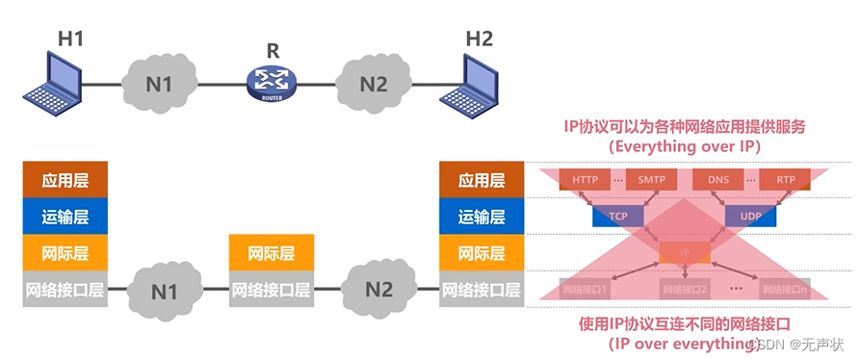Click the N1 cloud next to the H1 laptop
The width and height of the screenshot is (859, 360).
pyautogui.click(x=159, y=84)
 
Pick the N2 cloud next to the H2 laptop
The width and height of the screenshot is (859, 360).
pyautogui.click(x=373, y=84)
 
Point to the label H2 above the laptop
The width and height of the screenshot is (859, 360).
pyautogui.click(x=479, y=39)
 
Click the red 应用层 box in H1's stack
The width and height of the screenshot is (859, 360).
pyautogui.click(x=65, y=180)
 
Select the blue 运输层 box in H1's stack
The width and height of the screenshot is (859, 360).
pyautogui.click(x=65, y=217)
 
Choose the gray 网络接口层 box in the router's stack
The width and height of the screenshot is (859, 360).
pyautogui.click(x=271, y=289)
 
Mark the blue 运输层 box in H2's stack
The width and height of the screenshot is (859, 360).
pyautogui.click(x=482, y=217)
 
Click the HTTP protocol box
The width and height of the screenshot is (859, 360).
pyautogui.click(x=585, y=180)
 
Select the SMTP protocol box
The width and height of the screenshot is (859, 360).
pyautogui.click(x=651, y=180)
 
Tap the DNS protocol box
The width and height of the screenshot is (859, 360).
pyautogui.click(x=717, y=180)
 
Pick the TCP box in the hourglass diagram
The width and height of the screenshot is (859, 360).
pyautogui.click(x=617, y=217)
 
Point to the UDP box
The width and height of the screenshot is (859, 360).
pyautogui.click(x=751, y=217)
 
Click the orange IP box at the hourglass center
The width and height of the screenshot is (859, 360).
pyautogui.click(x=685, y=253)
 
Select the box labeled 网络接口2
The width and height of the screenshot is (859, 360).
pyautogui.click(x=685, y=288)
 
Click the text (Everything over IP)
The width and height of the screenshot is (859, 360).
pyautogui.click(x=685, y=146)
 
